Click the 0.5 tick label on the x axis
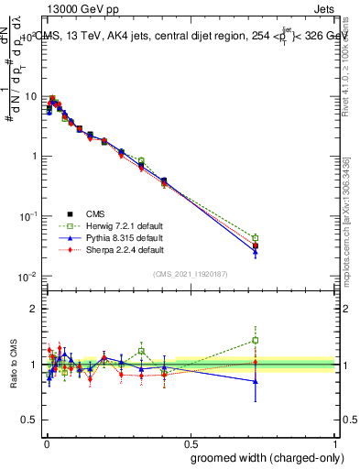click(190, 441)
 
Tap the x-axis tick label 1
click(335, 441)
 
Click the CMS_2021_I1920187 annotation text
click(190, 273)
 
